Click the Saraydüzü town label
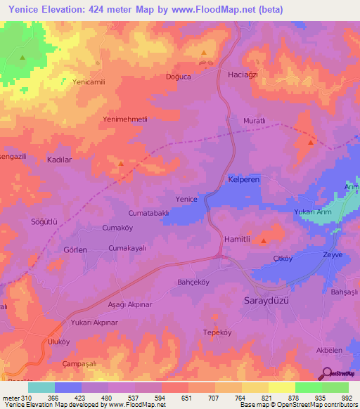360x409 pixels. (x=262, y=300)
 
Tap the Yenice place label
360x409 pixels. (x=186, y=199)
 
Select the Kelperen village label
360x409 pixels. (x=244, y=181)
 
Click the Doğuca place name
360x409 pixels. (x=178, y=77)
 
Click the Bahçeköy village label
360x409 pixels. (x=193, y=283)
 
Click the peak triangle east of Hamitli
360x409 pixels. (x=264, y=241)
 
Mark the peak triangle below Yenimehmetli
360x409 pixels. (x=122, y=164)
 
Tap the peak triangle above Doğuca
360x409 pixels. (x=204, y=53)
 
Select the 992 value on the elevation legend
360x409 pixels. (x=346, y=397)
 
